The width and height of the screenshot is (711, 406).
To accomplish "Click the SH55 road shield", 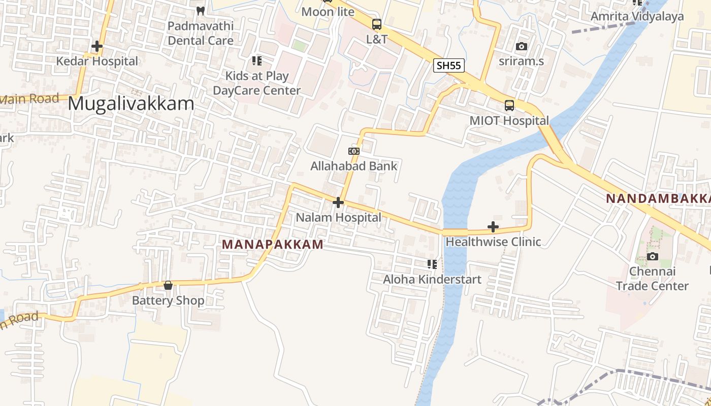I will (x=449, y=65).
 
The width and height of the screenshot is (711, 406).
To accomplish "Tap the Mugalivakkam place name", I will (x=131, y=104).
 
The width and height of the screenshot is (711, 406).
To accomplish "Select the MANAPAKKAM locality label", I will (x=273, y=245).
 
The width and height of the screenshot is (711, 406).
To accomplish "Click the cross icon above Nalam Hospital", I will (x=338, y=202).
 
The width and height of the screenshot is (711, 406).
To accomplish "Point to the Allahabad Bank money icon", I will (x=354, y=151).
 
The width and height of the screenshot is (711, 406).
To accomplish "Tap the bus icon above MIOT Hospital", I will (x=509, y=106).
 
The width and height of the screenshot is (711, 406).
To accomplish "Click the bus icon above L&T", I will (x=377, y=24).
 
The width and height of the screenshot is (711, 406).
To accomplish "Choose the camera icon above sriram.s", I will (x=521, y=47).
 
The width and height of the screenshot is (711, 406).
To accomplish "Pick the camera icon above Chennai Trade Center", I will (x=653, y=256).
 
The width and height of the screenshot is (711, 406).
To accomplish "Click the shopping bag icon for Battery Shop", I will (x=168, y=285).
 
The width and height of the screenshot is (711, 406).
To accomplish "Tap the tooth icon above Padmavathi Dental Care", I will (x=201, y=11).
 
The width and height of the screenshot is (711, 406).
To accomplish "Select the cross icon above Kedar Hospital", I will (x=96, y=46).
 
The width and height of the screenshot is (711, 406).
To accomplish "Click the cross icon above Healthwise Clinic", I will (x=493, y=227).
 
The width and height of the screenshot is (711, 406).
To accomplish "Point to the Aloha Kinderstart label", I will (x=432, y=279).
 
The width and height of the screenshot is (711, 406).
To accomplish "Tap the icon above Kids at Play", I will (x=257, y=61).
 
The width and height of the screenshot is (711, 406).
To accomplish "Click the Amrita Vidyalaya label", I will (x=637, y=16).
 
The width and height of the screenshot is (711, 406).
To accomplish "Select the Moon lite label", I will (x=328, y=12).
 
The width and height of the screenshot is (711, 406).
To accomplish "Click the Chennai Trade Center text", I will (x=653, y=279).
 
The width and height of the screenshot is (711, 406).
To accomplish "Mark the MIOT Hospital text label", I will (x=509, y=121).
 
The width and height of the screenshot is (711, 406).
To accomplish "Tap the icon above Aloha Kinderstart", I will (x=432, y=264).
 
